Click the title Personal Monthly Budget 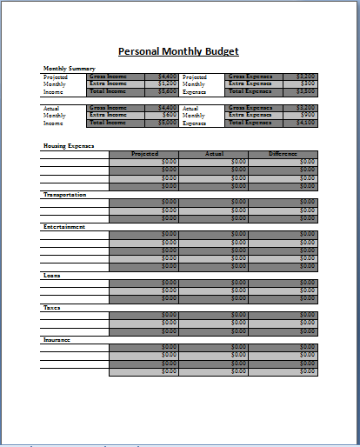177,51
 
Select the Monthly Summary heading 70,69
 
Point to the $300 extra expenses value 308,83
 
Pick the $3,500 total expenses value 306,90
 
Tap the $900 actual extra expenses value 308,115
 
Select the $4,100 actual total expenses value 306,123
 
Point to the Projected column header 144,154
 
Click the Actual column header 214,154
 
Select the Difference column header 283,154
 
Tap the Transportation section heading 64,195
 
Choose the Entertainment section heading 64,226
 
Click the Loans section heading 52,275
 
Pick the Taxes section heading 51,307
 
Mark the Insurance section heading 57,339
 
